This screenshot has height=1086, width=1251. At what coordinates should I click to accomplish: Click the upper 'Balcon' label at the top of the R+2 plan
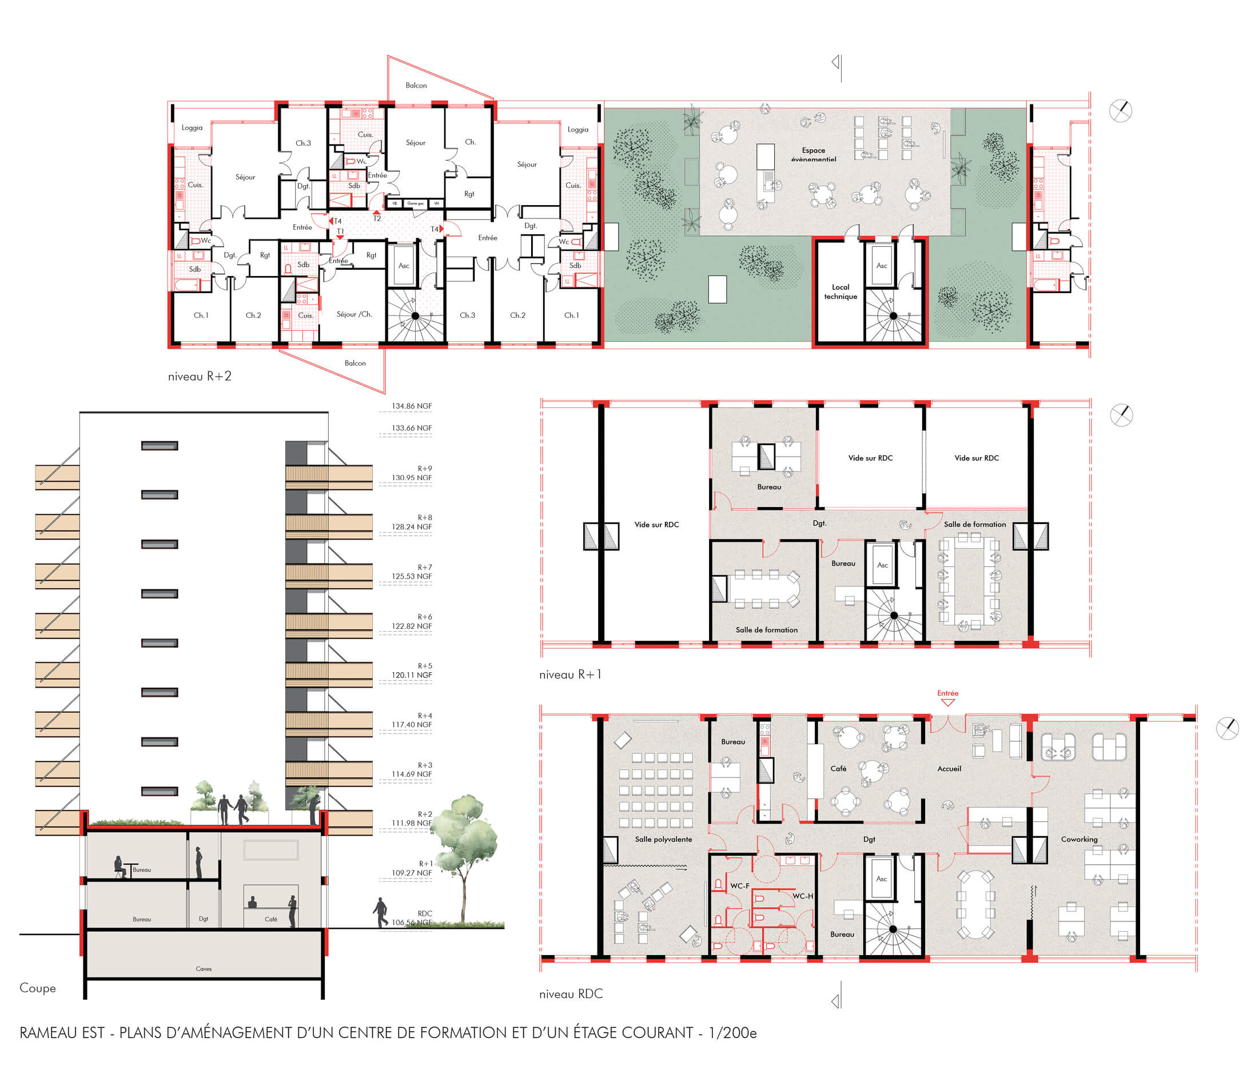416,85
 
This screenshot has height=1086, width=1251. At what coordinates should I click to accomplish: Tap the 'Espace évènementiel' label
813,154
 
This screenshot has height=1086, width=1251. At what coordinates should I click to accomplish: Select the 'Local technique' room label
840,292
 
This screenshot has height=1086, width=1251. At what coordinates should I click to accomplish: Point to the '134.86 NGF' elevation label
411,406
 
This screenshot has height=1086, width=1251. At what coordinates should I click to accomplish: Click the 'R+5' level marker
424,665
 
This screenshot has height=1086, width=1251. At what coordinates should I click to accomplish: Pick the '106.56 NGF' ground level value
411,923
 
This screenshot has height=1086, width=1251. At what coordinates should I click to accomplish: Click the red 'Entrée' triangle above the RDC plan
947,702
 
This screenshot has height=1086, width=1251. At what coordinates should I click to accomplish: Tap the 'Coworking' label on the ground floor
1079,839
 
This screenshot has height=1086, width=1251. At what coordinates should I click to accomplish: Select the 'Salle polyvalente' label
663,839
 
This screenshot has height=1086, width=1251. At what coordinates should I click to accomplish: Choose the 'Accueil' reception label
949,768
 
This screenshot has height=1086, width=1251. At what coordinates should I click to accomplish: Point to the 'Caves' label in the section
204,968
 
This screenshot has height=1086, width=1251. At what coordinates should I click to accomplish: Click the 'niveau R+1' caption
569,674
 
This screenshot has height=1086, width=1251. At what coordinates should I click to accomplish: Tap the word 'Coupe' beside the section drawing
38,988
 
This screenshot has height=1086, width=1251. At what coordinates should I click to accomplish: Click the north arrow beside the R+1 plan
1121,415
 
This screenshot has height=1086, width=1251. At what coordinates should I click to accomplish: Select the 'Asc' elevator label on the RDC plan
881,879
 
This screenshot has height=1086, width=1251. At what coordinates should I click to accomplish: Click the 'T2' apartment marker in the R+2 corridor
376,218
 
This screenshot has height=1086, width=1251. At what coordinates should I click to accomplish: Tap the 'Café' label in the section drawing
271,919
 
